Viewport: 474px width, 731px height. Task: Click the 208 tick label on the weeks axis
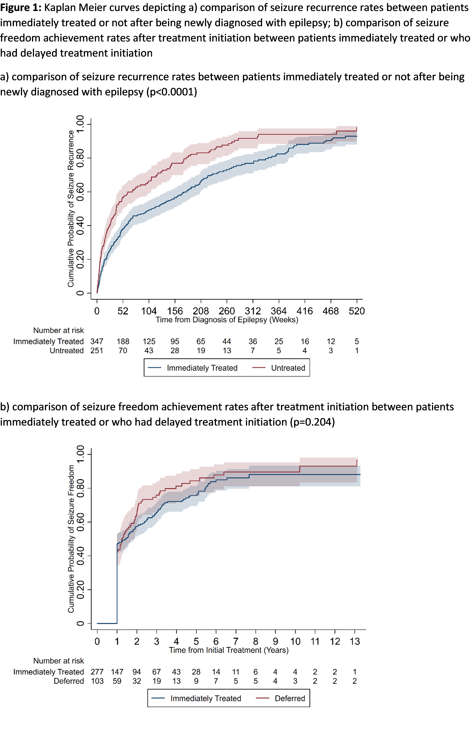tap(201, 311)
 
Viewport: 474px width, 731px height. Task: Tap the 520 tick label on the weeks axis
tap(357, 311)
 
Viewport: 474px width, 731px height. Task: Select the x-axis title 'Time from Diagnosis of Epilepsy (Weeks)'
tap(227, 320)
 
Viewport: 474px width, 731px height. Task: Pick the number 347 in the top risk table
tap(97, 342)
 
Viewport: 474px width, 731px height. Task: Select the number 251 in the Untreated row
tap(97, 351)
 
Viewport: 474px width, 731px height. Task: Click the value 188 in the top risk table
tap(123, 342)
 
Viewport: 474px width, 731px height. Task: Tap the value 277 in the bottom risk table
tap(97, 672)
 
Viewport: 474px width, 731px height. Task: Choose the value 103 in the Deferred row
tap(97, 681)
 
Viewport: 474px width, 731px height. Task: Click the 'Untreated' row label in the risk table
tap(67, 351)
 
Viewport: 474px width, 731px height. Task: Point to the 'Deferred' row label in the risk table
tap(69, 681)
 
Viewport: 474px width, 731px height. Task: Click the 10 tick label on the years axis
tap(295, 642)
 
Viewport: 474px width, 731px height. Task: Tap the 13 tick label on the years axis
tap(355, 642)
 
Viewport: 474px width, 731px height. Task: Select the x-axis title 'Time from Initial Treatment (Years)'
tap(229, 650)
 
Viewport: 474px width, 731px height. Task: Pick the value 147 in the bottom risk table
tap(117, 672)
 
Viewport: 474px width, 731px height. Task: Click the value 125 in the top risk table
tap(149, 342)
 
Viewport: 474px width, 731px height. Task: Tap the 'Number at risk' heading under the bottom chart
tap(58, 661)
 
